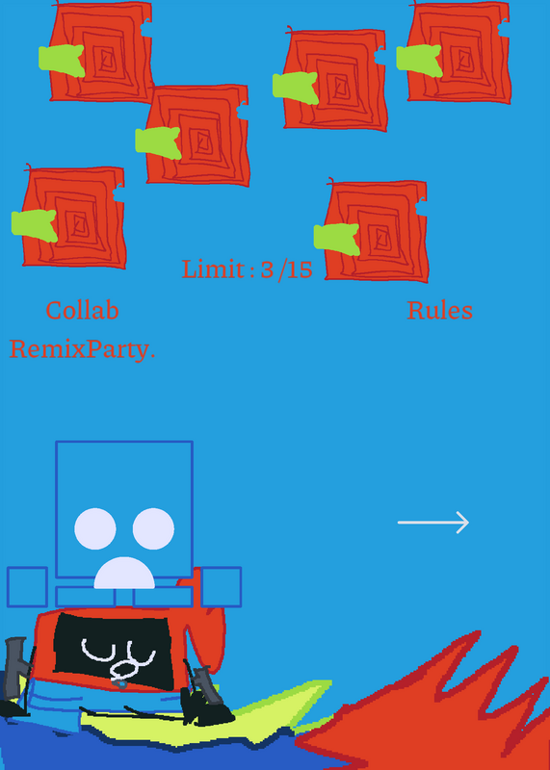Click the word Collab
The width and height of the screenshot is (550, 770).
[82, 310]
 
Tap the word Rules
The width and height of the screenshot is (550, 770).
[440, 310]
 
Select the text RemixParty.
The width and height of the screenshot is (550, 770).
[82, 349]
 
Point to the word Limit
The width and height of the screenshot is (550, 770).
[213, 269]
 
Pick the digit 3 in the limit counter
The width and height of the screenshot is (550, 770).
[267, 269]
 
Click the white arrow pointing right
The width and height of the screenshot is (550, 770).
[433, 522]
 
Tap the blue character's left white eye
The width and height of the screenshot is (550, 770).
[95, 528]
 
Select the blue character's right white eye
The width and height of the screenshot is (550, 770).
[153, 528]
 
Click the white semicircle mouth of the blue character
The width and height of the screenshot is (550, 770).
[124, 574]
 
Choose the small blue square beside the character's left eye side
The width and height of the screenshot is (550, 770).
[28, 587]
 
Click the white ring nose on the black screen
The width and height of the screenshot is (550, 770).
[123, 669]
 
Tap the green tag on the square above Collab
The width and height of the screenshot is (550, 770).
[35, 225]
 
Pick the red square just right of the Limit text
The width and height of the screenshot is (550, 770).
[376, 231]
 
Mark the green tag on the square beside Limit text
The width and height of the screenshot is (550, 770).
[337, 239]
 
